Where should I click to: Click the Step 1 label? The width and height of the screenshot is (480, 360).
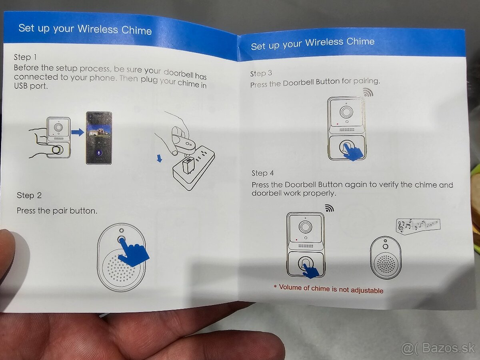point(25,57)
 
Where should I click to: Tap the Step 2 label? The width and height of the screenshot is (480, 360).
point(29,195)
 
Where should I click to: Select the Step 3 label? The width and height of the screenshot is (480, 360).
point(261,73)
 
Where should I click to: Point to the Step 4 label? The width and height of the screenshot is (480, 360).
point(263,173)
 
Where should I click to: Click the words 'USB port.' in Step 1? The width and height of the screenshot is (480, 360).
point(31,86)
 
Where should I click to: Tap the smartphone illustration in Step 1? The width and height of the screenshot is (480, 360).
point(99,138)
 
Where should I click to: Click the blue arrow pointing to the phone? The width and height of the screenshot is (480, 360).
point(78,132)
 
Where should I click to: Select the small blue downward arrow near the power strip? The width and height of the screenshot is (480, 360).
point(160,158)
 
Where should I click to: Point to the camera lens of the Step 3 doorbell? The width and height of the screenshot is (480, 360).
point(346,112)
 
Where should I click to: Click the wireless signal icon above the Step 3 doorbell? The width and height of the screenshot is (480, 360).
point(368,92)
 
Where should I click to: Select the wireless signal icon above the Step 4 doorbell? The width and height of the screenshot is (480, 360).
point(329,208)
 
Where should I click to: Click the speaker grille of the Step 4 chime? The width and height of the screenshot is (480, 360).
point(386,264)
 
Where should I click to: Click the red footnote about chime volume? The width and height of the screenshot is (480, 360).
point(328,289)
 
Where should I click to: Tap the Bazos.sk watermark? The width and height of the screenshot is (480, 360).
point(438,348)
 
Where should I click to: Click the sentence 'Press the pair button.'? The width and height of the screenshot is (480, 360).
point(57,211)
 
